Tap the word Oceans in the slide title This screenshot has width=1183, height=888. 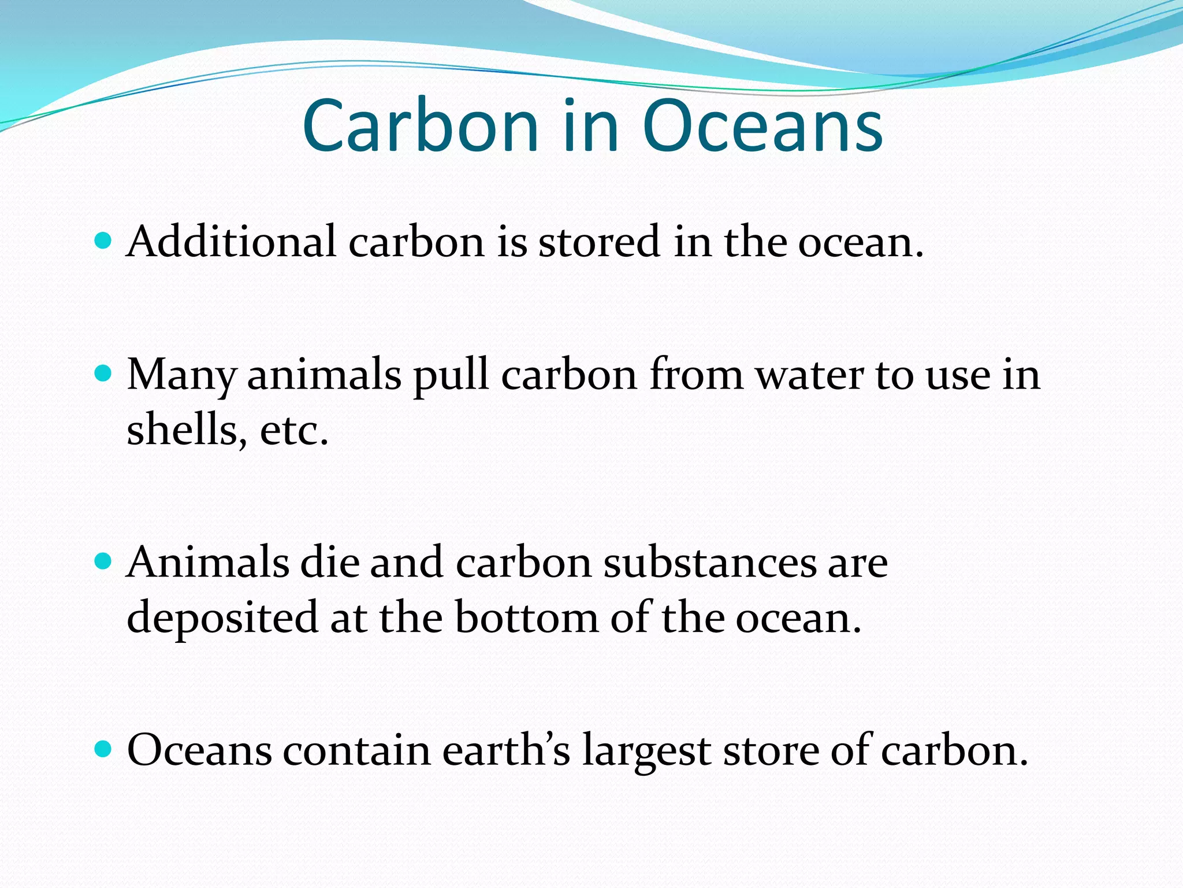(x=762, y=126)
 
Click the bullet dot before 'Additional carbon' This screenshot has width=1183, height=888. (x=103, y=240)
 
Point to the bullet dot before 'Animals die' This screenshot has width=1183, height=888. (x=103, y=561)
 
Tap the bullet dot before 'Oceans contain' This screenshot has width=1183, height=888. (x=103, y=749)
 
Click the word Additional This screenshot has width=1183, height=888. (x=231, y=241)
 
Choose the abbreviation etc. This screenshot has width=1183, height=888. (x=293, y=431)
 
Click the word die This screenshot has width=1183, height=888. (x=330, y=562)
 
